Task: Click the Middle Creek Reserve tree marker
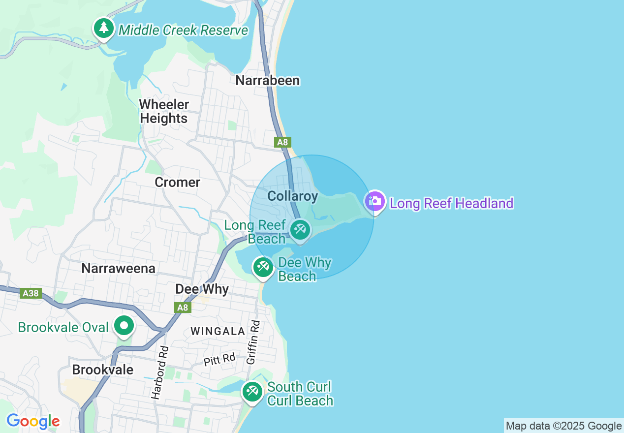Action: [x=103, y=28]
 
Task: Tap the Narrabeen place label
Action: [x=267, y=80]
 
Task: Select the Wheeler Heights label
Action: [x=164, y=111]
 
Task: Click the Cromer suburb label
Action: [x=177, y=182]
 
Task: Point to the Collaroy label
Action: [x=292, y=196]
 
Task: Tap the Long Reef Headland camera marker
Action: [x=375, y=201]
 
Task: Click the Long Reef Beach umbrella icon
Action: [x=300, y=229]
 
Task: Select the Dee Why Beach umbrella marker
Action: [x=263, y=267]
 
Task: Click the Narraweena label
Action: [x=118, y=268]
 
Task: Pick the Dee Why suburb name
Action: [x=202, y=289]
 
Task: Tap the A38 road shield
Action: [x=30, y=293]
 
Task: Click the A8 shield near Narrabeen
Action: [x=282, y=142]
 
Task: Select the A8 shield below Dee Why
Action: [x=183, y=308]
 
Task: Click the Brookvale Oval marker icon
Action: [x=124, y=326]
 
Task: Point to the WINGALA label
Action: [x=218, y=331]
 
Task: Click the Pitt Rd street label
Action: [x=219, y=359]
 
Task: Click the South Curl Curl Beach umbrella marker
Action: [x=252, y=392]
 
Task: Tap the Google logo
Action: [x=33, y=421]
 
